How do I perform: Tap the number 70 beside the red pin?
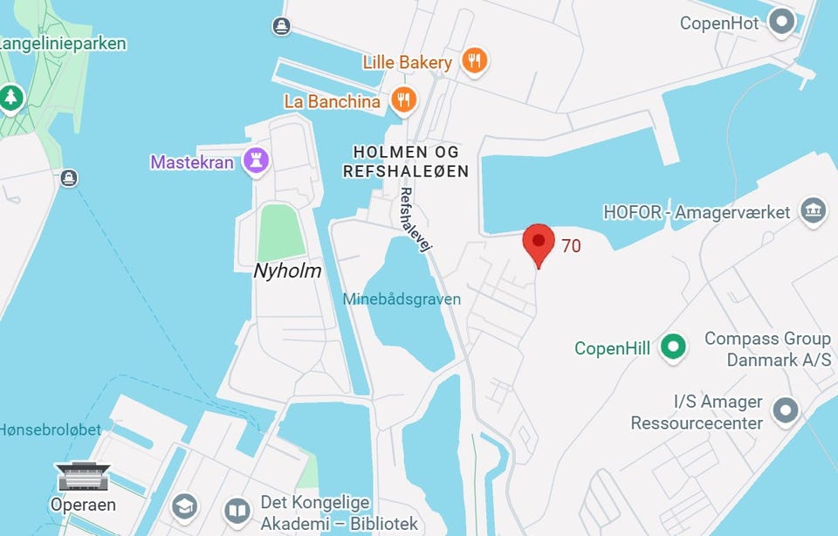[571, 246]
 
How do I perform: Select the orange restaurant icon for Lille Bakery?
[474, 60]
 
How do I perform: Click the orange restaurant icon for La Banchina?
[402, 100]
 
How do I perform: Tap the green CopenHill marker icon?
[672, 347]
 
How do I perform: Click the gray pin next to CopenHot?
[781, 21]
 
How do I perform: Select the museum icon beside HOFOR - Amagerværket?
[814, 210]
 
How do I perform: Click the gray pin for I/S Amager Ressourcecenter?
[786, 409]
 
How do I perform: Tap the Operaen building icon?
[83, 477]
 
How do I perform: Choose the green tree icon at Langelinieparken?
[11, 97]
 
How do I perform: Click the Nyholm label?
[287, 271]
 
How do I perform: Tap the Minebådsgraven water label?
[401, 299]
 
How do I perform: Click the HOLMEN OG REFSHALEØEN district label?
[405, 161]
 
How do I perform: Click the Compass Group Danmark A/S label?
[767, 347]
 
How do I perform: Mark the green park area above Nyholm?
[282, 230]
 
